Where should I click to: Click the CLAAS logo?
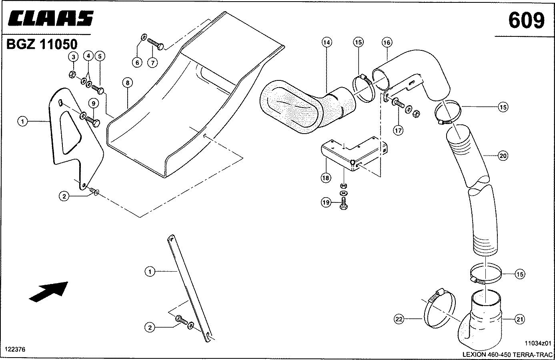50,18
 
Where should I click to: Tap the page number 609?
526,20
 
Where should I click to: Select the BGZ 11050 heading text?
42,44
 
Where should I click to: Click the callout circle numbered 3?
73,57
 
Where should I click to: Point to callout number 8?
127,82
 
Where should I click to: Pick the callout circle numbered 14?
327,42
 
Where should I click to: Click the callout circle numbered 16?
387,42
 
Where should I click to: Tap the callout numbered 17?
398,130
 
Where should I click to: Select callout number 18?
326,178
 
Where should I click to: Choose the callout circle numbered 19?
326,202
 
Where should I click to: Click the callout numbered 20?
503,156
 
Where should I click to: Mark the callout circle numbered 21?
519,319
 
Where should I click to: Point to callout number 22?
399,319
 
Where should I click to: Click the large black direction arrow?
48,292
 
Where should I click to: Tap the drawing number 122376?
15,349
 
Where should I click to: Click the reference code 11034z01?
538,343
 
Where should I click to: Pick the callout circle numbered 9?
93,103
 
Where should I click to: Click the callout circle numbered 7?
152,63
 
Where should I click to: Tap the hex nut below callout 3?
72,74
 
